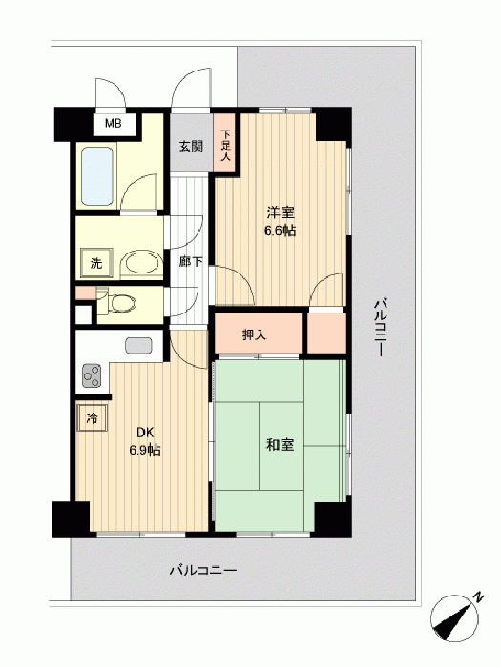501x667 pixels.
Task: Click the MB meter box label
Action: [114, 123]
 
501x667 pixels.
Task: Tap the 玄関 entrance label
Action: [191, 147]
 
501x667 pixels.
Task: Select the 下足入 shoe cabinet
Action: [224, 143]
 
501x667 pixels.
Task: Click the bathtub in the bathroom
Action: [97, 176]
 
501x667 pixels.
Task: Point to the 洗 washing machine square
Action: [96, 263]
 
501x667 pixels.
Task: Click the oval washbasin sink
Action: [141, 265]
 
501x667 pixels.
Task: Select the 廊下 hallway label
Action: [191, 262]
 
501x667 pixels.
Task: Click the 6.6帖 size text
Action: [281, 231]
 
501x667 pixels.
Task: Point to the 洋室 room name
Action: [281, 212]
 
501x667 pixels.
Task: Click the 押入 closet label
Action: [255, 334]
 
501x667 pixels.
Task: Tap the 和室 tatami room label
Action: [280, 445]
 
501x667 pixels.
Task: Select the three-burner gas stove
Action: [92, 375]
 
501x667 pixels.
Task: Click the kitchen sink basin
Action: [139, 345]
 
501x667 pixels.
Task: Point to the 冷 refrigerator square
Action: [92, 418]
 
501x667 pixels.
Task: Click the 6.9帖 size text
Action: [145, 450]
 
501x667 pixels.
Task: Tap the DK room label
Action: [145, 433]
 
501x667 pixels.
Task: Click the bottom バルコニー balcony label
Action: [203, 570]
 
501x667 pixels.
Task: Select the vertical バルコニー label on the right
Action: [381, 328]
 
